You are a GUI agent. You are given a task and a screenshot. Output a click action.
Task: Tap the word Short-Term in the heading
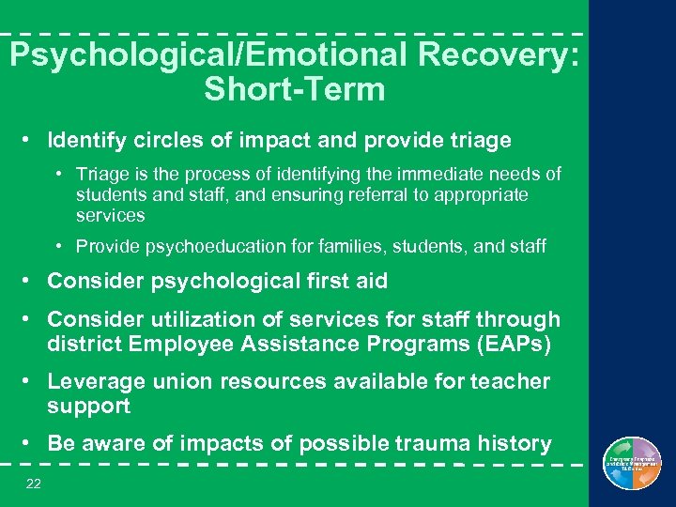(294, 90)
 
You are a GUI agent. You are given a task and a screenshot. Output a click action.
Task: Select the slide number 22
(35, 483)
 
